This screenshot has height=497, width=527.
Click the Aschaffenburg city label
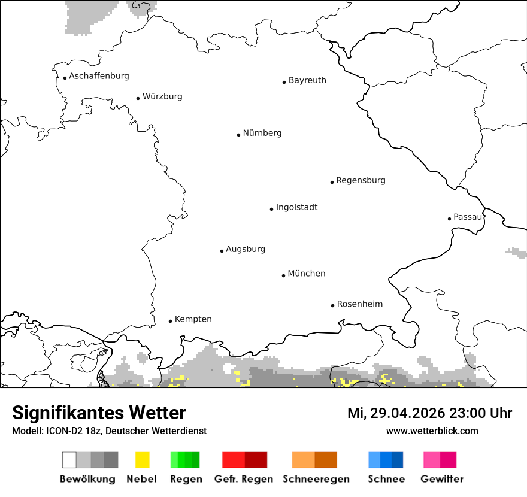point(99,76)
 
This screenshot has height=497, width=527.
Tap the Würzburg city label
point(162,96)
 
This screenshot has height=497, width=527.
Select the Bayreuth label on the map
point(307,80)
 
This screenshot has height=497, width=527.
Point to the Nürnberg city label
point(262,133)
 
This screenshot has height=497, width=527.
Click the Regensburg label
point(361,180)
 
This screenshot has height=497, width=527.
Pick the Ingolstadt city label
point(296,207)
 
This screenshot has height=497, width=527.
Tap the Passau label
point(468,217)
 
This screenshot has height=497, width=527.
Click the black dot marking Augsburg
point(222,251)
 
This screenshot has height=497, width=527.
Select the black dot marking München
point(283,275)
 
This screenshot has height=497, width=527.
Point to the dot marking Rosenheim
point(332,305)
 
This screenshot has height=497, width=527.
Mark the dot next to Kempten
point(170,321)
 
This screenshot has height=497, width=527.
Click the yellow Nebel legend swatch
point(142,460)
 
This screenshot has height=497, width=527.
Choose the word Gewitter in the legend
point(442,479)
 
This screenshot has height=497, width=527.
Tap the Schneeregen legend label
point(316,479)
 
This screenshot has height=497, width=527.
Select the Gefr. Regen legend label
point(244,479)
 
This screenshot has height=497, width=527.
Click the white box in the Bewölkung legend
point(69,460)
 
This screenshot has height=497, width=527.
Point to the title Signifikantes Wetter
point(99,413)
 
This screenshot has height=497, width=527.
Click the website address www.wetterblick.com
point(432,431)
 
